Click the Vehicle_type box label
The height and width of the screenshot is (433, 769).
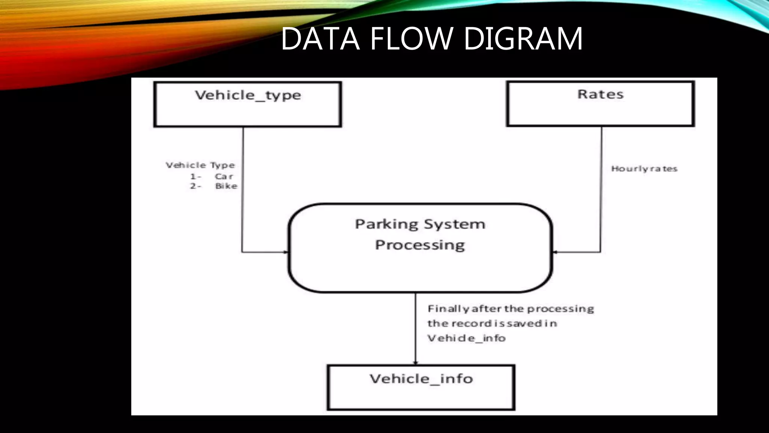(x=248, y=95)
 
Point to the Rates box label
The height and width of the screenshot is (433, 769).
(x=600, y=94)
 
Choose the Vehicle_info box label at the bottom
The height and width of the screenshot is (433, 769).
(x=421, y=378)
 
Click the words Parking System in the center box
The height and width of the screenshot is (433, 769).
(x=420, y=224)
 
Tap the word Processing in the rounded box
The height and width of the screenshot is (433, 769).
(x=420, y=245)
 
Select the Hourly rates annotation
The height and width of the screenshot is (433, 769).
(x=644, y=169)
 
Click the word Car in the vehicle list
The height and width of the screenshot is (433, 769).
(x=224, y=176)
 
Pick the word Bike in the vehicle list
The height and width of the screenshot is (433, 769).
(x=226, y=186)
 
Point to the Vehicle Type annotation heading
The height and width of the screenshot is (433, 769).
(x=200, y=165)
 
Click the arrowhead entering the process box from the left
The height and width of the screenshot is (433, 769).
(x=286, y=252)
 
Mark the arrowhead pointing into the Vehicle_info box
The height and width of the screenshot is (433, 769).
(x=415, y=362)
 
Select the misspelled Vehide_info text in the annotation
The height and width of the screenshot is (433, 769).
(x=466, y=338)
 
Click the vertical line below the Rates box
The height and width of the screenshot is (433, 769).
(x=601, y=188)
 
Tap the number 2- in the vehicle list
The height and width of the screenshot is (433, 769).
(x=195, y=186)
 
